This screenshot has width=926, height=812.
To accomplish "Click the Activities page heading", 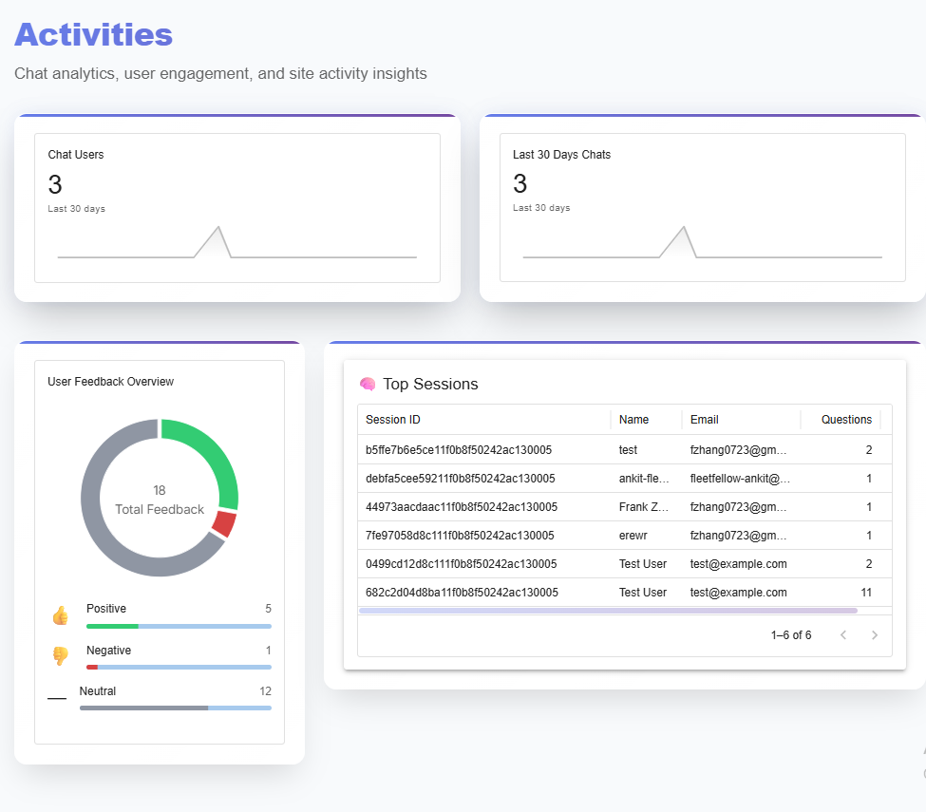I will [x=93, y=34].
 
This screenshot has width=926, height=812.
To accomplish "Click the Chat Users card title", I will [x=76, y=155].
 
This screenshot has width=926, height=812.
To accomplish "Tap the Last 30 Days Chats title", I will [x=561, y=155].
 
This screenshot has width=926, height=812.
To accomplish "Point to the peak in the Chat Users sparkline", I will [x=218, y=228].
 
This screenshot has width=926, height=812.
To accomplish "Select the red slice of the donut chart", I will [x=224, y=523].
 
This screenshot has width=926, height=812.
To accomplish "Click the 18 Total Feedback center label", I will [x=160, y=500].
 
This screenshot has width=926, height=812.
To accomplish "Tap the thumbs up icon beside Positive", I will [x=61, y=616].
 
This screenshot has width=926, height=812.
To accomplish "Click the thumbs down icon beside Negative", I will [x=61, y=656].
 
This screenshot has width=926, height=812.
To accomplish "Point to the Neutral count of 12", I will [x=265, y=691].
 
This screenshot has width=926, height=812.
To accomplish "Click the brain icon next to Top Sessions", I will [x=368, y=385].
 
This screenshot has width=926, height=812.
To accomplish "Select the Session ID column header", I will [x=393, y=420].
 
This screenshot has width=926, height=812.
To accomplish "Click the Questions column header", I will [x=846, y=420].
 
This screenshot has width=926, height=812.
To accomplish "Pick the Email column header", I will [x=705, y=420].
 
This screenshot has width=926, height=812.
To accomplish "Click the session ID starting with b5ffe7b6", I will [x=459, y=450].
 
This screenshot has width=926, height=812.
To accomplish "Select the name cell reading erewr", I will [x=633, y=536].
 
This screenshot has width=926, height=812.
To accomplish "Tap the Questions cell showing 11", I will [x=865, y=593].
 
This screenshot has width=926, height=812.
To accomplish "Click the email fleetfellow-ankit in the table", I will [x=740, y=479].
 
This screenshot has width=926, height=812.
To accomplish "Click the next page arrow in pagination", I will [x=875, y=635].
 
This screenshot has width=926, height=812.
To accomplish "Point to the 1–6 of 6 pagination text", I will [x=791, y=635].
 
